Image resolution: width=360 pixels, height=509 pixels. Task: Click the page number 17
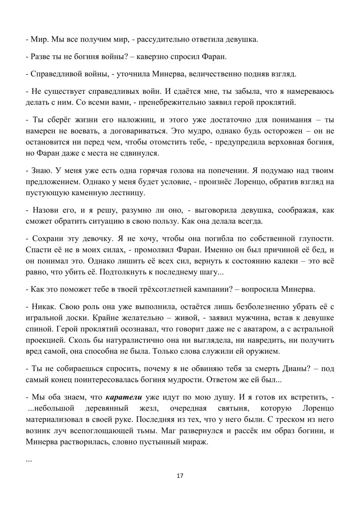180,476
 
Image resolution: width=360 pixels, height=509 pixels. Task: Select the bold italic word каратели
123,397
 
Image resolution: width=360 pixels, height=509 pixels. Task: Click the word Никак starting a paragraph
41,307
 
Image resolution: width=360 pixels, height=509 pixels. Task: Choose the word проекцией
42,340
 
